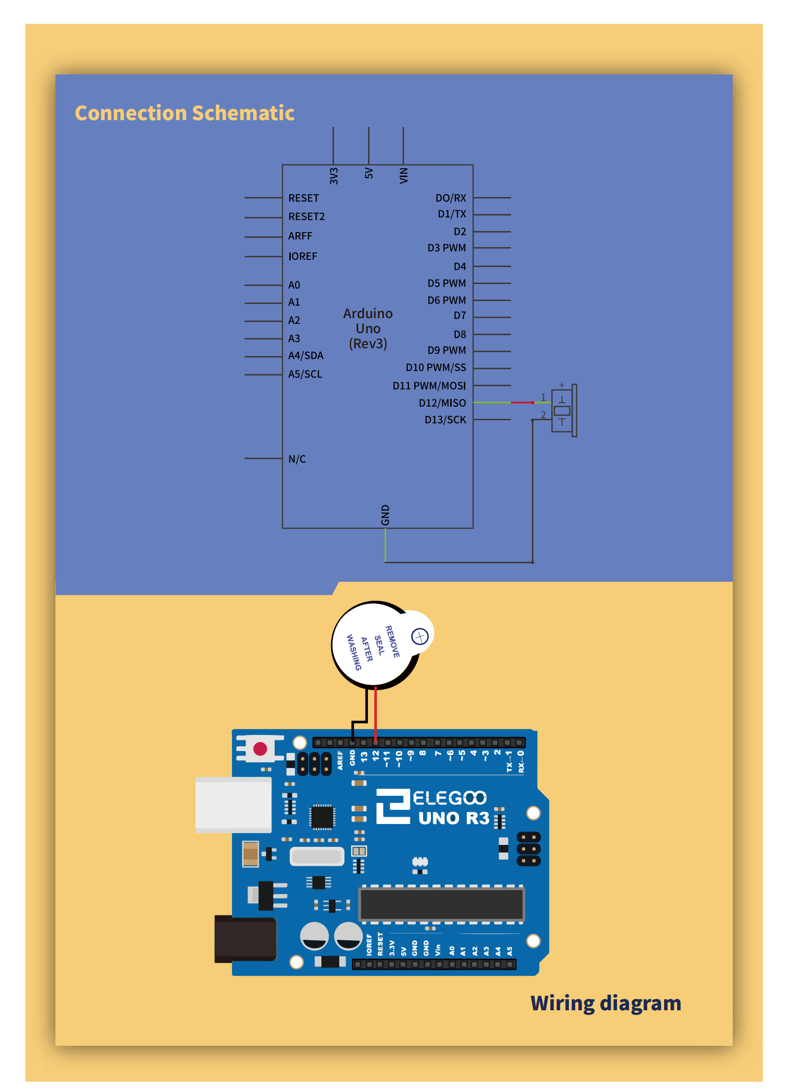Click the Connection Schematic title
click(184, 113)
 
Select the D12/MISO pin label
click(442, 403)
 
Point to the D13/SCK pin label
click(445, 420)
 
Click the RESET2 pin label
click(306, 216)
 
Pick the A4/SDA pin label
click(305, 356)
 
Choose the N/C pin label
click(297, 459)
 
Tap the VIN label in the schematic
click(404, 175)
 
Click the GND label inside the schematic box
click(385, 515)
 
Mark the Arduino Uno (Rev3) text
click(368, 328)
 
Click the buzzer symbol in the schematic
click(563, 411)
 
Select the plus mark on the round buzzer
click(420, 636)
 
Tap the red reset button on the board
click(260, 749)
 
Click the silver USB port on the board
click(233, 805)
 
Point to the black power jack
click(245, 939)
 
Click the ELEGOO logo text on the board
click(449, 798)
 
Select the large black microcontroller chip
click(441, 904)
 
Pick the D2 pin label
click(459, 232)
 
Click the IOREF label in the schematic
click(302, 256)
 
